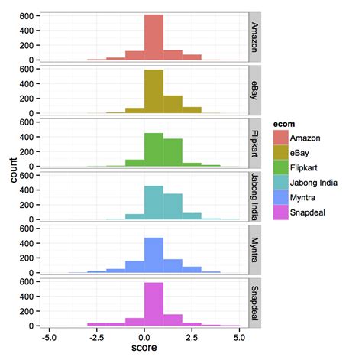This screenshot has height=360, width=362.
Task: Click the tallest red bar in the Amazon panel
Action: pyautogui.click(x=154, y=37)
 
